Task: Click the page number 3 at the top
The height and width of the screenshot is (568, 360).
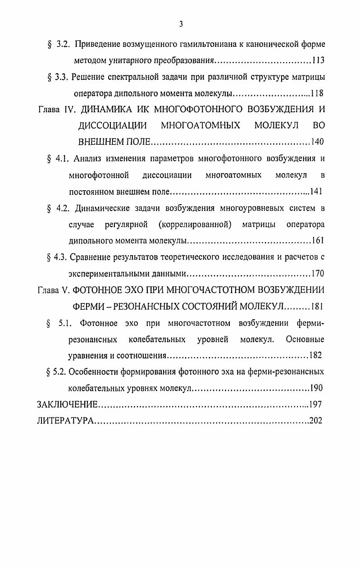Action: (180, 24)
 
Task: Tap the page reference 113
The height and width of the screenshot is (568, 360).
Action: (318, 61)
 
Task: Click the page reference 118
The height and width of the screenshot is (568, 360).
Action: (317, 94)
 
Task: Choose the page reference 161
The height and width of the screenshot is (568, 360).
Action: (318, 240)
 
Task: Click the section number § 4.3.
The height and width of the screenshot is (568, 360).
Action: (57, 257)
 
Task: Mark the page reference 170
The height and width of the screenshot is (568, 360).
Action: (317, 273)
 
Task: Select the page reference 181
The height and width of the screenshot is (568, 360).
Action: (316, 306)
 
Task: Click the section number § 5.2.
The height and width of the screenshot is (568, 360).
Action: (57, 371)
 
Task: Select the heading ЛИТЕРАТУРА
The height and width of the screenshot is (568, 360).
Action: (65, 420)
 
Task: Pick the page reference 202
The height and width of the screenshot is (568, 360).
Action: (316, 420)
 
